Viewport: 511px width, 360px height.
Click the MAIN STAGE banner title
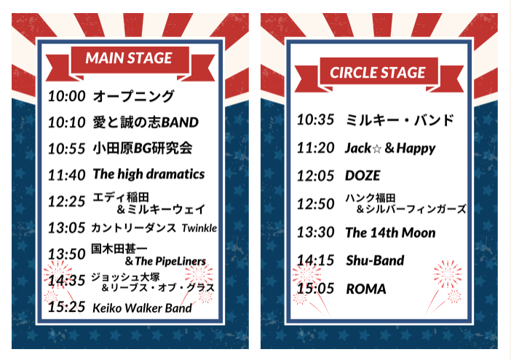tap(129, 58)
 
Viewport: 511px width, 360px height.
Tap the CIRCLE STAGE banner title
tap(378, 73)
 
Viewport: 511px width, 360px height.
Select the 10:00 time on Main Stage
tap(67, 96)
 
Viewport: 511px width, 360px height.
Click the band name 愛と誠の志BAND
tap(146, 122)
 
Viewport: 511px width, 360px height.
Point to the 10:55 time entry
tap(67, 149)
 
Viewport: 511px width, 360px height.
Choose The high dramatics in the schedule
tap(148, 174)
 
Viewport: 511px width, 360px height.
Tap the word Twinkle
tap(199, 228)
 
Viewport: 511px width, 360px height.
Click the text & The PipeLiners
tap(165, 261)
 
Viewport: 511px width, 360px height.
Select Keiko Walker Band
tap(142, 308)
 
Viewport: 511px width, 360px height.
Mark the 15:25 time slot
tap(67, 307)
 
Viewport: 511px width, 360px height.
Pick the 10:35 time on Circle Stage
tap(315, 120)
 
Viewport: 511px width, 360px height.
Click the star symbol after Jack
tap(377, 149)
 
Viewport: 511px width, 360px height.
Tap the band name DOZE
tap(363, 176)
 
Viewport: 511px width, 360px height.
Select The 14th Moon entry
tap(390, 233)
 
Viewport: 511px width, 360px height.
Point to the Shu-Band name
tap(375, 260)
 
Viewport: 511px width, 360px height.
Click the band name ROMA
tap(366, 289)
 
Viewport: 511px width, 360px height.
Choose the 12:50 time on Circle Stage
tap(315, 204)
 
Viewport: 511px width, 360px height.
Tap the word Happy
tap(416, 149)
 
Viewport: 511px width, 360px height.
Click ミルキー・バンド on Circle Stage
tap(400, 120)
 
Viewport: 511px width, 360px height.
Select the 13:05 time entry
tap(67, 228)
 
